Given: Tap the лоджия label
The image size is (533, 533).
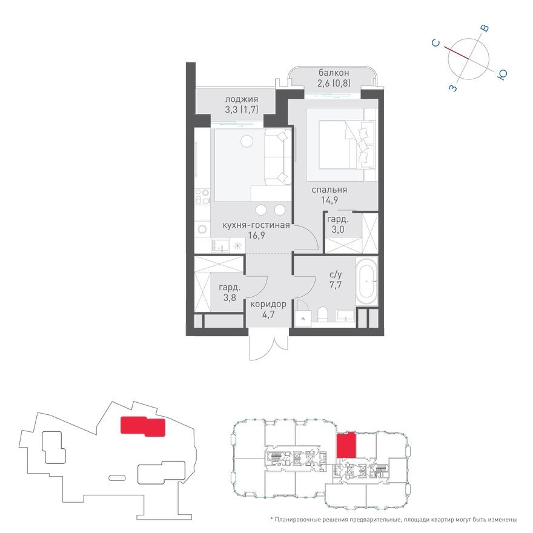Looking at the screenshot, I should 242,100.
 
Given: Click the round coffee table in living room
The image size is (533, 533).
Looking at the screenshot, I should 247,141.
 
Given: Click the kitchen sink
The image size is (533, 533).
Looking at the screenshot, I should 219,245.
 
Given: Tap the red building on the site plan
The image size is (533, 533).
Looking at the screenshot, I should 142,426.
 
